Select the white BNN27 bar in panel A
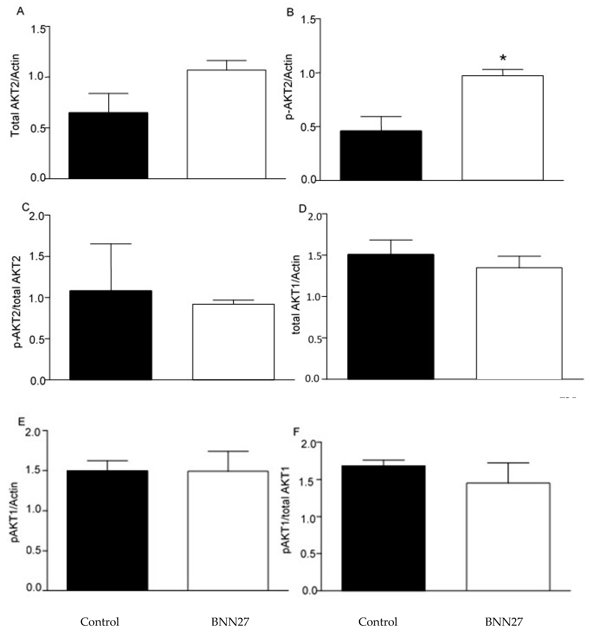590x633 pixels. (x=226, y=124)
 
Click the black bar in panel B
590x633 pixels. (x=381, y=155)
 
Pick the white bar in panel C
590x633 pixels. (x=233, y=342)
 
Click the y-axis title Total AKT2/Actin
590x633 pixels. (x=15, y=96)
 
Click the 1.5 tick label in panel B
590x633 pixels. (x=308, y=20)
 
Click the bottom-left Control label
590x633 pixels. (x=100, y=622)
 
